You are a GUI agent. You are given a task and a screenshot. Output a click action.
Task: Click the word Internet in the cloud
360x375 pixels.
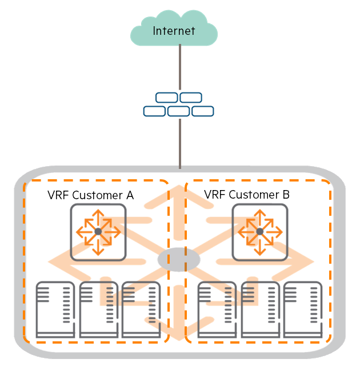[174, 31]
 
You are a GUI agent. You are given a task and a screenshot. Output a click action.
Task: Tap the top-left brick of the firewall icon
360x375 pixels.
[167, 98]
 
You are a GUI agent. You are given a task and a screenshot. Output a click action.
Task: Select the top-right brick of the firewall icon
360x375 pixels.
[191, 98]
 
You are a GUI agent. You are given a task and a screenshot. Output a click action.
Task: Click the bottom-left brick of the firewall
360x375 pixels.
[154, 111]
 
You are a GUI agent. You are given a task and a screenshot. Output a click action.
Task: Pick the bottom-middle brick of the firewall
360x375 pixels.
[178, 111]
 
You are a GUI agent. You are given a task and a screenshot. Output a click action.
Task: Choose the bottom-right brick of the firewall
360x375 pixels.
[203, 111]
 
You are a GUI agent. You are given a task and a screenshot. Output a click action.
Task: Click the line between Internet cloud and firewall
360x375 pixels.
[180, 67]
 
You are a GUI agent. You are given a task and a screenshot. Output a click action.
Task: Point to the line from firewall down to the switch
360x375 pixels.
[180, 144]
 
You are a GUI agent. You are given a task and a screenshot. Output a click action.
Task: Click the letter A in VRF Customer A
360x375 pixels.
[130, 195]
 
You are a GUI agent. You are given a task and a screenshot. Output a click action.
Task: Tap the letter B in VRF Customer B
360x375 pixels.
[286, 195]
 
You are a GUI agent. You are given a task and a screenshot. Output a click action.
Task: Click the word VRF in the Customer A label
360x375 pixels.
[58, 195]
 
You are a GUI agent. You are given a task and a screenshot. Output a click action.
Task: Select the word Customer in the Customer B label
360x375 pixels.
[254, 195]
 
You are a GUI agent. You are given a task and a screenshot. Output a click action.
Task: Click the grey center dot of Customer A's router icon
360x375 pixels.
[98, 232]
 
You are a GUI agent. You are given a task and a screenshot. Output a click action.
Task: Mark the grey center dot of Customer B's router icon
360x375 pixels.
[259, 232]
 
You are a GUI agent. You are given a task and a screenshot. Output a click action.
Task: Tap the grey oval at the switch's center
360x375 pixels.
[178, 260]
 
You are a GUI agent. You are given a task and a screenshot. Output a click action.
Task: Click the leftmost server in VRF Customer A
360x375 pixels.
[55, 309]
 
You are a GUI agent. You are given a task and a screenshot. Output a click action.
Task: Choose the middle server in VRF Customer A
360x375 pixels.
[99, 309]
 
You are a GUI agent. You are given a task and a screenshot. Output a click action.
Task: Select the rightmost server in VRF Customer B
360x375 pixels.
[303, 309]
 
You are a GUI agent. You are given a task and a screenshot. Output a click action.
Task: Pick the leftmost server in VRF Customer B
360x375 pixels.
[217, 309]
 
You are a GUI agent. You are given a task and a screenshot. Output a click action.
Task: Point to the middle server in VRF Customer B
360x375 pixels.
[260, 309]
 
